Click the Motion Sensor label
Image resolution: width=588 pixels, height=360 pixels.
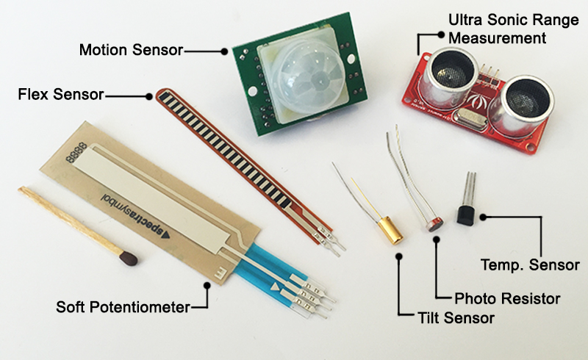coord(131,50)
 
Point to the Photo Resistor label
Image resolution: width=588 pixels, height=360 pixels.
coord(507,299)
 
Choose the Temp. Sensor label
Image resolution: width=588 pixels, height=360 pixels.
coord(529,264)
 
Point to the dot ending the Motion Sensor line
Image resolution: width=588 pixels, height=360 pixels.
coord(224,51)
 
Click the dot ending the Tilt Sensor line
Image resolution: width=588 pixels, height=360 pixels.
coord(398,257)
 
